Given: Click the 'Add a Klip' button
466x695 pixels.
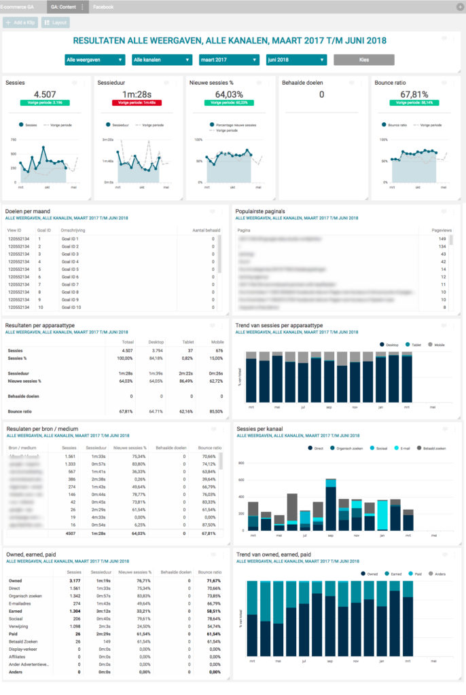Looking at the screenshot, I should coord(20,22).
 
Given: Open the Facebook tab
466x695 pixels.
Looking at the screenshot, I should coord(103,7).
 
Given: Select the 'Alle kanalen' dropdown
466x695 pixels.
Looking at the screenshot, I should coord(162,60).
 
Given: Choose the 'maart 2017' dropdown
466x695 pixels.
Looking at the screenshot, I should coord(229,60).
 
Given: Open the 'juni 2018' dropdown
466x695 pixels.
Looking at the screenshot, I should coord(296,60).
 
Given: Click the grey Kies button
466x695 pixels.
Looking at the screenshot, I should coord(363,60).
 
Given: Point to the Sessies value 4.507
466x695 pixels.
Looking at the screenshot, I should coord(45,94).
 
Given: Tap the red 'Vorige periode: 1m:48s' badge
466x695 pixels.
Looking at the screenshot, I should coord(137,102).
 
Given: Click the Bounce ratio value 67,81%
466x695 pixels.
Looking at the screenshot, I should coord(414,94).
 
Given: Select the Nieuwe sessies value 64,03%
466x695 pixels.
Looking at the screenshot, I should coord(229,94).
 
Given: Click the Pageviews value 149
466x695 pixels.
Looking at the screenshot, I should coord(442,239).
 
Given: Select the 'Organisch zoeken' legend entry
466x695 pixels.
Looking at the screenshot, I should coord(348,449).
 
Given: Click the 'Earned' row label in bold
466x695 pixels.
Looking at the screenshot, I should coord(16,611).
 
